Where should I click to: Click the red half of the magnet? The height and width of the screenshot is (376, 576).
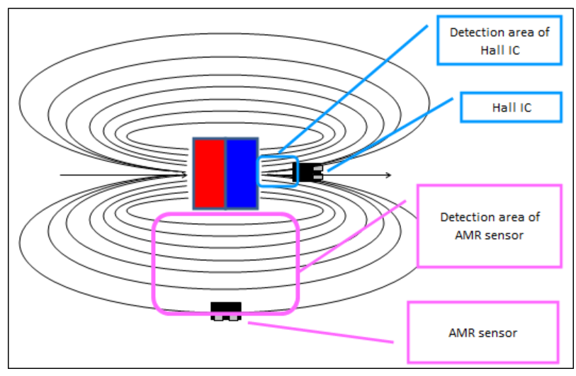[x=210, y=173]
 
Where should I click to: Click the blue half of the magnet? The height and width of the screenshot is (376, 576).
[x=242, y=173]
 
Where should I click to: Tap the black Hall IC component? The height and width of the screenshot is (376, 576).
[x=309, y=171]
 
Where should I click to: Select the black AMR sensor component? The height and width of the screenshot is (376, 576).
[x=226, y=311]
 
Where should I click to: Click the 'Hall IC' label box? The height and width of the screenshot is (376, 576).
[x=511, y=108]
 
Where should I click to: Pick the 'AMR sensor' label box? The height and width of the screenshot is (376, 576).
[x=482, y=332]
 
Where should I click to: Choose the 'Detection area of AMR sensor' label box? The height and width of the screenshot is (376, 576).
[x=489, y=226]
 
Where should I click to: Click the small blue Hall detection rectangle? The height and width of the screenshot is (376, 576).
[x=278, y=171]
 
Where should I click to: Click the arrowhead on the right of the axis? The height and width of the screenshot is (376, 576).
[x=388, y=174]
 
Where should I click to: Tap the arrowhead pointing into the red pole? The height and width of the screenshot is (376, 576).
[x=183, y=174]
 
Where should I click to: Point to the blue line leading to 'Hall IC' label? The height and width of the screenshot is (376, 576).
[x=390, y=135]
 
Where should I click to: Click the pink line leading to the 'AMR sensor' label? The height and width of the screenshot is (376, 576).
[x=319, y=333]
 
